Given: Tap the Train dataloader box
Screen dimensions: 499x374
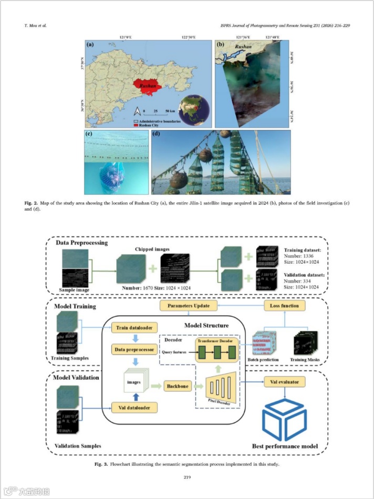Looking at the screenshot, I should [x=134, y=328].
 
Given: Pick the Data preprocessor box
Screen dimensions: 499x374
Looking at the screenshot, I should [x=134, y=349].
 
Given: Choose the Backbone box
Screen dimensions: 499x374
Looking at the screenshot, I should [x=179, y=385].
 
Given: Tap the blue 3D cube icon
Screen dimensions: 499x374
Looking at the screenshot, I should [x=284, y=420].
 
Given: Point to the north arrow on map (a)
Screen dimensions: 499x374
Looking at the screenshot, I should [x=137, y=112].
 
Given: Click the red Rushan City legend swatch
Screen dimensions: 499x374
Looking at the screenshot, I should [x=136, y=126].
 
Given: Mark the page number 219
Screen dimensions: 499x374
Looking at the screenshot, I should [x=187, y=477].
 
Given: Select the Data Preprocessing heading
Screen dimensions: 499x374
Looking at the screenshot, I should [x=83, y=243].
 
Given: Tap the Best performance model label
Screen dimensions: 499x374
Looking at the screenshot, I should [x=285, y=446].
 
